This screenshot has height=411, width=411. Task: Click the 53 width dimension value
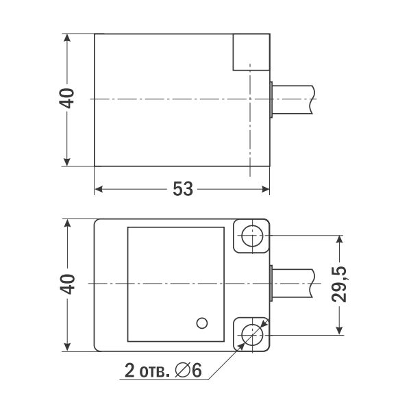coord(182,189)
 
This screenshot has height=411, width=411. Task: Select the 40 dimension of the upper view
coord(66,99)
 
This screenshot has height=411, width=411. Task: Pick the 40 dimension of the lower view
coord(66,284)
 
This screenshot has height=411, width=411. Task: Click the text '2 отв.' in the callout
coord(147,372)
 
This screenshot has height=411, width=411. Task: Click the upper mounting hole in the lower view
coord(251,237)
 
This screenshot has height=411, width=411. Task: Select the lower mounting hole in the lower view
coord(251,334)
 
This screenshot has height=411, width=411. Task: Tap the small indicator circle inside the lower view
coord(201,322)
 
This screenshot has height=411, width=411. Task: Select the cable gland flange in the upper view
coord(273,99)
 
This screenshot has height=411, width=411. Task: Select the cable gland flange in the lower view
coord(273,284)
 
